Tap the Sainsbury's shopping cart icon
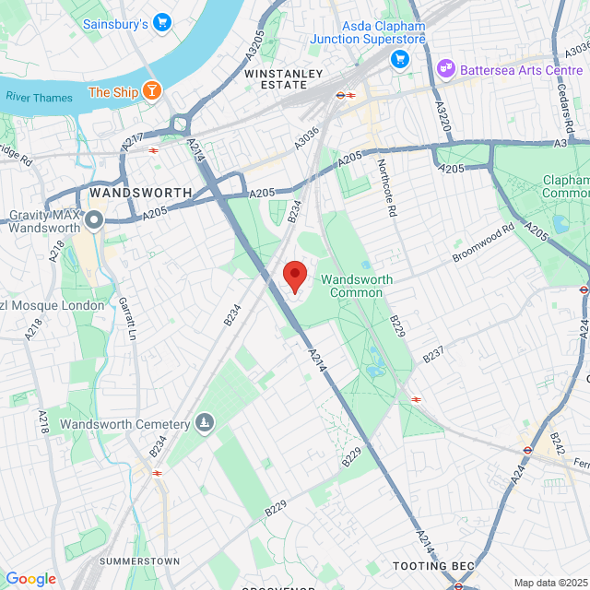[x=162, y=21]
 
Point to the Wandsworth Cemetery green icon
[x=204, y=424]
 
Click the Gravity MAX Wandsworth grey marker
[x=94, y=221]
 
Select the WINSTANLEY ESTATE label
[x=284, y=78]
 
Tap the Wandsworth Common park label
[x=357, y=286]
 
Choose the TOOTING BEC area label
[x=431, y=565]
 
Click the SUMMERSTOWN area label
[x=139, y=560]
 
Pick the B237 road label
[x=433, y=352]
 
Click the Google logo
[x=30, y=579]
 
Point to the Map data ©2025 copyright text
[x=549, y=583]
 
